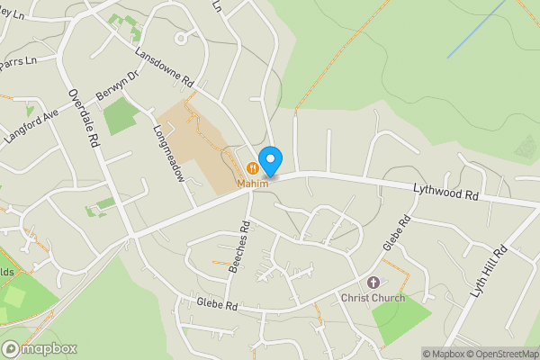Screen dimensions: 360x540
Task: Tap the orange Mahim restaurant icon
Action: (253, 166)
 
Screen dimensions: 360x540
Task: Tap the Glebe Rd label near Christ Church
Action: (396, 233)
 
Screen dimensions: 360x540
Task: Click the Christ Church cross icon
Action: (373, 283)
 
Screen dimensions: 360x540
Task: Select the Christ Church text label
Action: (373, 298)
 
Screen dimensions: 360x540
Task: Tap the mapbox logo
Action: (40, 348)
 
